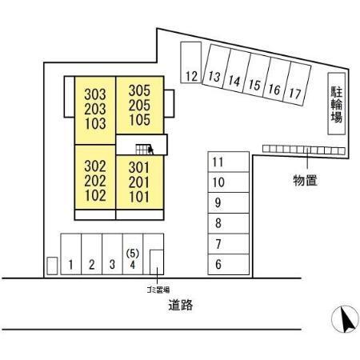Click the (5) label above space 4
click(133, 254)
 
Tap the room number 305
click(139, 90)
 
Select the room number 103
click(95, 123)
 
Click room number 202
click(95, 181)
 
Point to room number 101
click(139, 197)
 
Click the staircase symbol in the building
click(144, 150)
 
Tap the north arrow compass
click(345, 319)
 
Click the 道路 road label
click(181, 305)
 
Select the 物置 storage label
click(305, 180)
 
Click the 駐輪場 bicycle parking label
click(337, 104)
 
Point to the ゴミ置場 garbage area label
click(158, 290)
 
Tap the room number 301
click(139, 168)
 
